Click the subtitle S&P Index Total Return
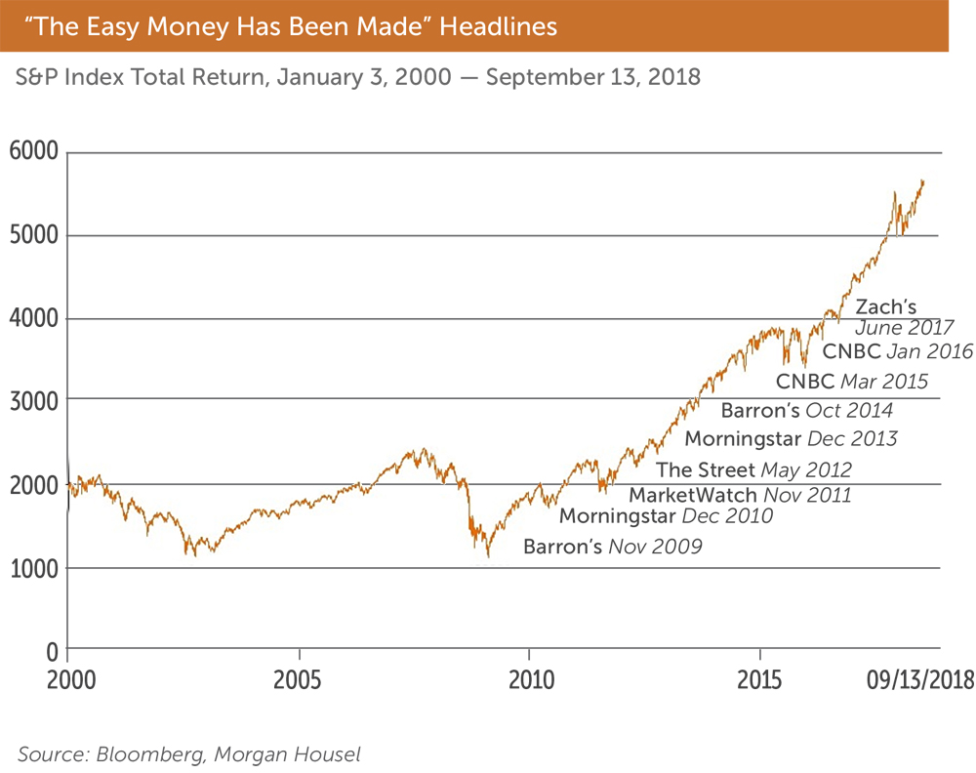tap(358, 77)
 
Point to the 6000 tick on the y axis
tap(34, 152)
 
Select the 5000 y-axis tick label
tap(34, 235)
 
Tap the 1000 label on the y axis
tap(34, 568)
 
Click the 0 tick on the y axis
tap(52, 650)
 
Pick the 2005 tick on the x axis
tap(300, 679)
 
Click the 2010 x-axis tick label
tap(529, 679)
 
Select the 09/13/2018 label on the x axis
tap(918, 679)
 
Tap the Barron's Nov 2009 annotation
tap(612, 547)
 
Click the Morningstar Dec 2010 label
tap(666, 515)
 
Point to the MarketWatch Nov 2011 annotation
tap(740, 495)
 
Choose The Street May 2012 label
tap(753, 470)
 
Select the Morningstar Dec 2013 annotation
tap(791, 438)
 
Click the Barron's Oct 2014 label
tap(807, 410)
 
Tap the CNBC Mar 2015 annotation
tap(852, 381)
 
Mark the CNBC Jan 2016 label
tap(898, 351)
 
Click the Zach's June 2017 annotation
tap(904, 317)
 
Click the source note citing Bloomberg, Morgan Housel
tap(187, 753)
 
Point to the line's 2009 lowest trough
tap(488, 556)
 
